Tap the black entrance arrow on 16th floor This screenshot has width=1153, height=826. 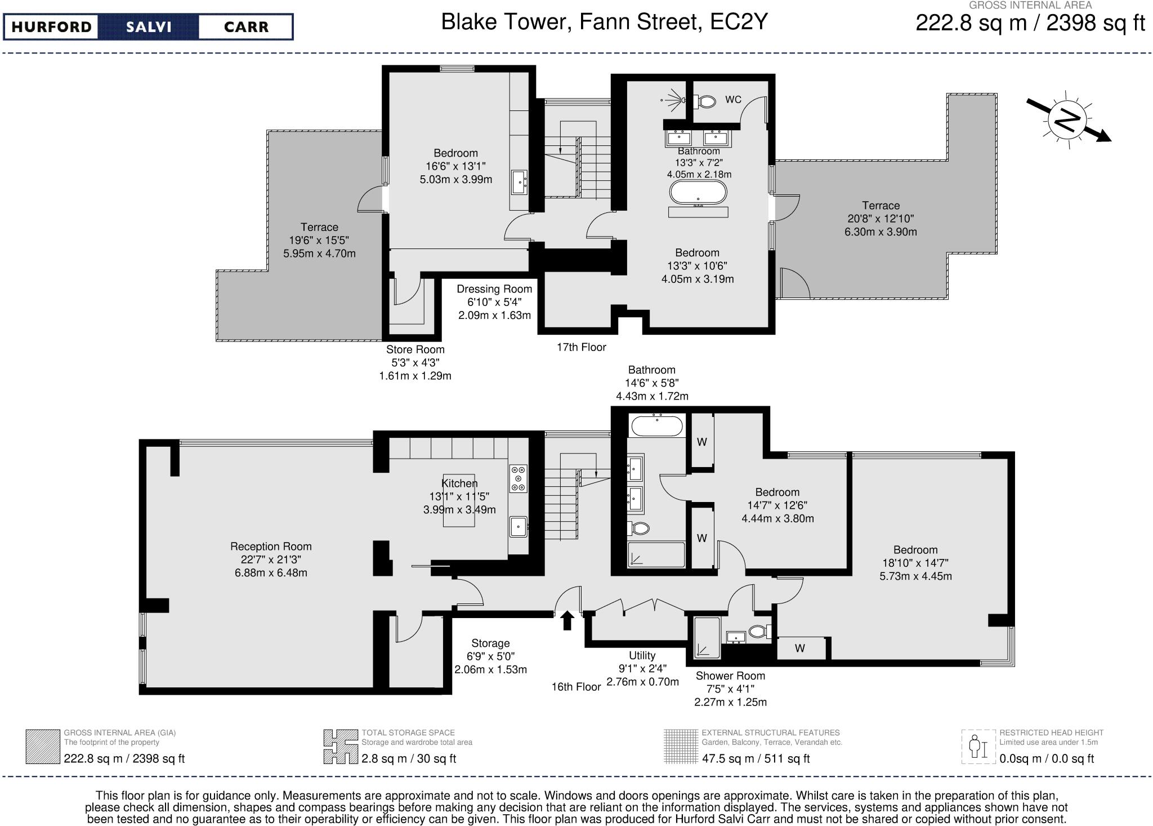pos(567,620)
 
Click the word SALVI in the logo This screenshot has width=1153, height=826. pos(148,27)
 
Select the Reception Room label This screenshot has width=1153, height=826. pos(271,546)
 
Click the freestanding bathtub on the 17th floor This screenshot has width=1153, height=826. pos(698,193)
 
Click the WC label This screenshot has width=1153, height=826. pos(733,100)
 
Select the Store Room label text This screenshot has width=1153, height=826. pos(415,349)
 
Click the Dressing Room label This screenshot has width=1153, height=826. pos(494,289)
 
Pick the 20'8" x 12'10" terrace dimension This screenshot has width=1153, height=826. pos(881,219)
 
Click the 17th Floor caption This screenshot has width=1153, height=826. pos(581,347)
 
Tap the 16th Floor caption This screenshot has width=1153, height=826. pos(576,687)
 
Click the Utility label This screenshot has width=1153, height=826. pos(642,655)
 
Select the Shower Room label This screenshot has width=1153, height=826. pos(730,676)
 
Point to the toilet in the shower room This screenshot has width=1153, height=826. pos(759,632)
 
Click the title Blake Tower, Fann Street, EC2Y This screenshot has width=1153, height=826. pos(604,22)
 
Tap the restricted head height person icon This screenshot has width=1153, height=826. pos(978,747)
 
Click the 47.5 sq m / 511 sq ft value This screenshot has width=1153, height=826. pos(756,758)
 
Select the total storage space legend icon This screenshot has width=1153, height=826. pos(341,747)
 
